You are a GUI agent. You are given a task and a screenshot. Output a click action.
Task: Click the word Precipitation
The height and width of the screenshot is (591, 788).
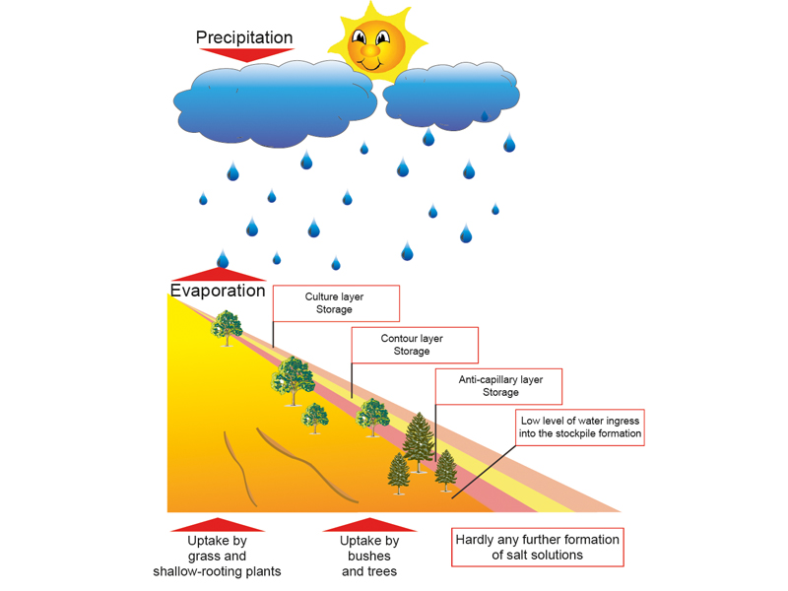pyautogui.click(x=244, y=37)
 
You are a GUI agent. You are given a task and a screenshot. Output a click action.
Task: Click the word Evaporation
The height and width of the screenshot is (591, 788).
pyautogui.click(x=218, y=291)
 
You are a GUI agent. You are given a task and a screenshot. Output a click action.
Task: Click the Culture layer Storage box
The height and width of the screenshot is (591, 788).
pyautogui.click(x=334, y=303)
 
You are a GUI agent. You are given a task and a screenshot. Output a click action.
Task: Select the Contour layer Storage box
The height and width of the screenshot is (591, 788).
pyautogui.click(x=414, y=345)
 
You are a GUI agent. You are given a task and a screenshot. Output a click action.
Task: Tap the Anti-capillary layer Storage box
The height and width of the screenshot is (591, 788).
pyautogui.click(x=488, y=385)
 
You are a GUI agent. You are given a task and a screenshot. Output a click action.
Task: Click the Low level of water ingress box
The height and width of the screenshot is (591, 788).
pyautogui.click(x=581, y=427)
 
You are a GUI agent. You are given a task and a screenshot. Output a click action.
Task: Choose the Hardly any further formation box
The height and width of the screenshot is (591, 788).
pyautogui.click(x=537, y=547)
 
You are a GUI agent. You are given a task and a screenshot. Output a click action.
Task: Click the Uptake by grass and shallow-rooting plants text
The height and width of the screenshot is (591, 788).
pyautogui.click(x=218, y=556)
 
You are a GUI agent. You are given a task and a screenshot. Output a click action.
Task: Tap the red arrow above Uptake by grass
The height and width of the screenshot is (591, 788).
pyautogui.click(x=218, y=524)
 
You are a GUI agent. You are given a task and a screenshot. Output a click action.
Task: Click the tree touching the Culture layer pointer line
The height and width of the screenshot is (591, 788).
pyautogui.click(x=292, y=378)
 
